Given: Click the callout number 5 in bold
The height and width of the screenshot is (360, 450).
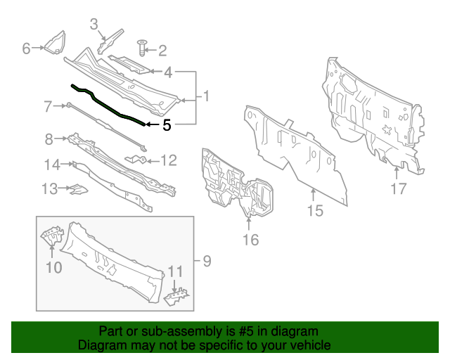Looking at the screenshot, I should coord(166,126).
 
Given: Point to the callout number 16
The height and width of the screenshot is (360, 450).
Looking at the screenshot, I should coord(250,240).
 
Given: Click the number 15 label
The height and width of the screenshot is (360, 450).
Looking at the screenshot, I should coord(314,210).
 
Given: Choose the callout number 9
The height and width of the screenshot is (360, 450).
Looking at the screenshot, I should coord(207,262).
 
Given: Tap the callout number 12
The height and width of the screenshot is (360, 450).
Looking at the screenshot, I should coord(169,161).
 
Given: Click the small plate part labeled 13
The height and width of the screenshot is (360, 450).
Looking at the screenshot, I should coord(75,188).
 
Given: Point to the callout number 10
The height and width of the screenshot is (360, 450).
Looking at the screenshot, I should coord(54,267).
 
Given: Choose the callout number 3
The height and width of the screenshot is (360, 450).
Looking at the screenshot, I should coord(94,25).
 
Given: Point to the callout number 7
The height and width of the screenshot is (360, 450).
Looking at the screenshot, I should coord(48,107).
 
